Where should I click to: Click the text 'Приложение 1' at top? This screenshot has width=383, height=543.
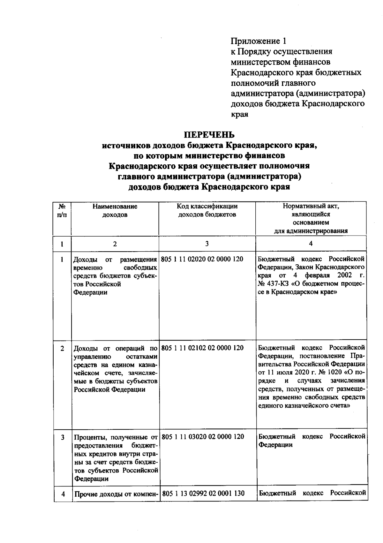point(259,41)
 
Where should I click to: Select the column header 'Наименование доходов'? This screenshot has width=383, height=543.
point(115,210)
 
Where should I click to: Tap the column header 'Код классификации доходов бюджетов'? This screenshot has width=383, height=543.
point(207,210)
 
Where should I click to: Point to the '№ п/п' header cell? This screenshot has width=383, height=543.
point(62,210)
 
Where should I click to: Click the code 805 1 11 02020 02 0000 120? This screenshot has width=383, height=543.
point(202,259)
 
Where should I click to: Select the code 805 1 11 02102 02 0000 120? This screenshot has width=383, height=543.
point(202,348)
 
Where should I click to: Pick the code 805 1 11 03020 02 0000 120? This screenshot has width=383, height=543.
point(203,437)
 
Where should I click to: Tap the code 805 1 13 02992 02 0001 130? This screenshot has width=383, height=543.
point(203,493)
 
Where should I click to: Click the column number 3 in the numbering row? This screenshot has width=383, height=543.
point(207,244)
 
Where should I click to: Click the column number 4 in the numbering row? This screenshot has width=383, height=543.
point(311,244)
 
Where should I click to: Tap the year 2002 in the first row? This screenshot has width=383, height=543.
point(344,275)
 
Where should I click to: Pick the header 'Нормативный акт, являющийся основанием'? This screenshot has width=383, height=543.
point(311,215)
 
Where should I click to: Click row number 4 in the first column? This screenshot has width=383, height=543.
point(63,494)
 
